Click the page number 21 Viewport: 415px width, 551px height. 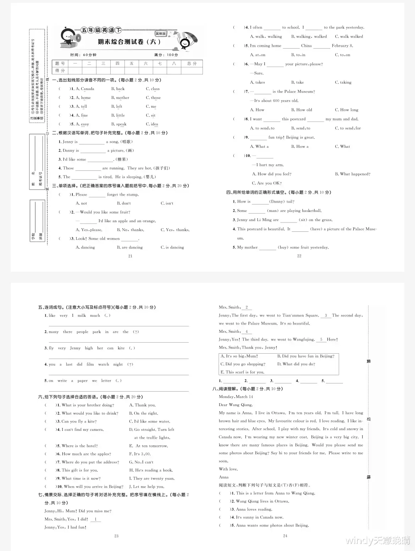[130, 256]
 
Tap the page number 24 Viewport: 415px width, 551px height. [285, 536]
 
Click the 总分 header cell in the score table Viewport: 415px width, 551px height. [192, 63]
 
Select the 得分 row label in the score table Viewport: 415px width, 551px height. [60, 71]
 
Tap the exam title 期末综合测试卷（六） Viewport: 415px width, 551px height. [129, 42]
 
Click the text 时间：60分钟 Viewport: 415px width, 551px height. [83, 55]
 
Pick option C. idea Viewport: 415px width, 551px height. [152, 124]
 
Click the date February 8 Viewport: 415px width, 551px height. [342, 46]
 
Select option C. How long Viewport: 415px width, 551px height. [347, 110]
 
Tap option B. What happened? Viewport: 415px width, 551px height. [353, 174]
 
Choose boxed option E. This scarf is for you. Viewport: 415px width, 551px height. [242, 372]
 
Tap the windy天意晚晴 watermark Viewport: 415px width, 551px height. [378, 540]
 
